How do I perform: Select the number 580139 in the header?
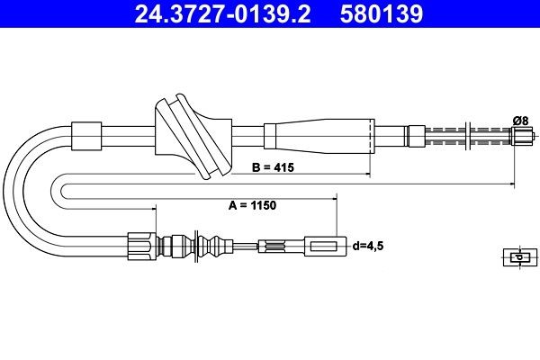tap(383, 15)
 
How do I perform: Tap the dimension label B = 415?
tap(274, 167)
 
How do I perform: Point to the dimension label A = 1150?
tap(252, 205)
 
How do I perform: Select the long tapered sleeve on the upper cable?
tap(319, 138)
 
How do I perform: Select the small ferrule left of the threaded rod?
tap(416, 137)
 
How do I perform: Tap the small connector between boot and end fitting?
tap(272, 245)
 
